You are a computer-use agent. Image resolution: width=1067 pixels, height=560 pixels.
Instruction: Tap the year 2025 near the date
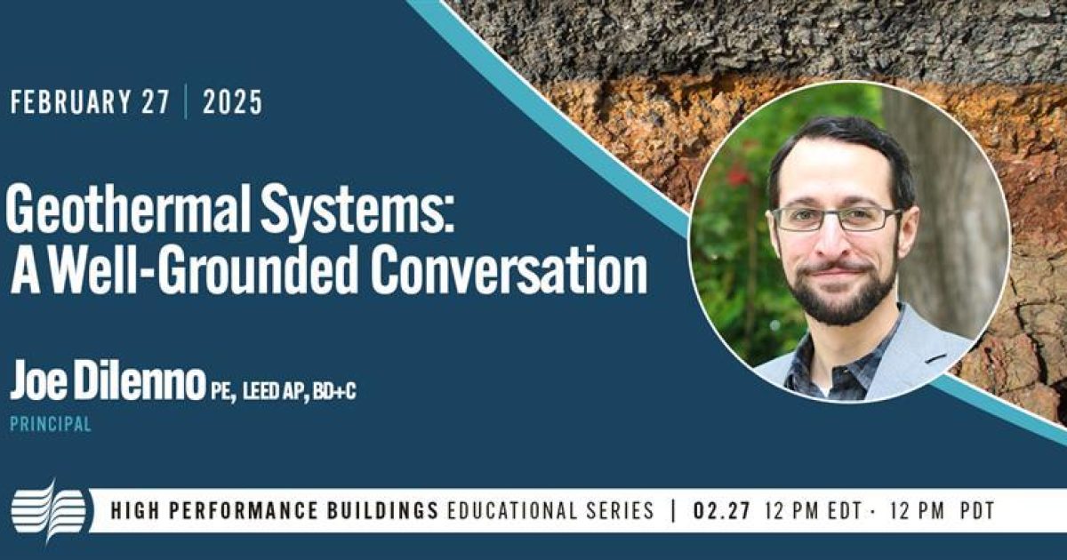pyautogui.click(x=232, y=103)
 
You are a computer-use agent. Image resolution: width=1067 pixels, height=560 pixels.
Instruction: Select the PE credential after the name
pyautogui.click(x=222, y=391)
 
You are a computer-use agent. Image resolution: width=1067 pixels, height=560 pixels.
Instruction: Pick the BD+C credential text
pyautogui.click(x=334, y=391)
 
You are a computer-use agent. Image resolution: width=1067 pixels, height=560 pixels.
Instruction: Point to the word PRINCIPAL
pyautogui.click(x=51, y=425)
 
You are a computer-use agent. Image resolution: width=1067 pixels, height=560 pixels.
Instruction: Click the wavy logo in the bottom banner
pyautogui.click(x=49, y=510)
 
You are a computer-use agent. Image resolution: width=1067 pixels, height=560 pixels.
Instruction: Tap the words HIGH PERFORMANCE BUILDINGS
pyautogui.click(x=275, y=511)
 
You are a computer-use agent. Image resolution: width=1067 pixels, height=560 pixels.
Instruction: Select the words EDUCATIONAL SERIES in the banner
pyautogui.click(x=550, y=511)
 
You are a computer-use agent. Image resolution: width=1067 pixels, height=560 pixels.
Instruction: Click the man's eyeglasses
pyautogui.click(x=836, y=219)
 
